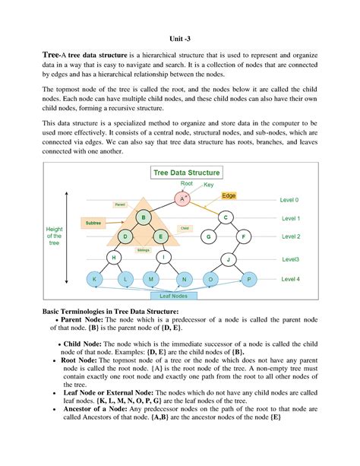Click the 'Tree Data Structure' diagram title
187,173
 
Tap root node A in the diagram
182,198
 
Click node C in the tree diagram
226,218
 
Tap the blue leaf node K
95,280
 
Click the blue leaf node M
153,280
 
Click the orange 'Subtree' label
94,223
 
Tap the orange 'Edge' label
229,196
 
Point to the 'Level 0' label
290,200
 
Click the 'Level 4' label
290,279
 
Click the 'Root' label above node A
186,184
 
